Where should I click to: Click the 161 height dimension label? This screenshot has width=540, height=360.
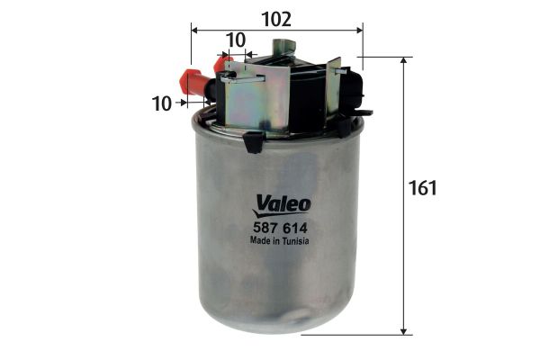422,189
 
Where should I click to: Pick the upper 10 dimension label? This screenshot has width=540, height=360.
236,40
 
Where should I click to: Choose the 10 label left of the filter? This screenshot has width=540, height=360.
162,103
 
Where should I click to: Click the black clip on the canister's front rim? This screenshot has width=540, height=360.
254,141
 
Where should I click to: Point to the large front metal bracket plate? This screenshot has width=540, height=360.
256,99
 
